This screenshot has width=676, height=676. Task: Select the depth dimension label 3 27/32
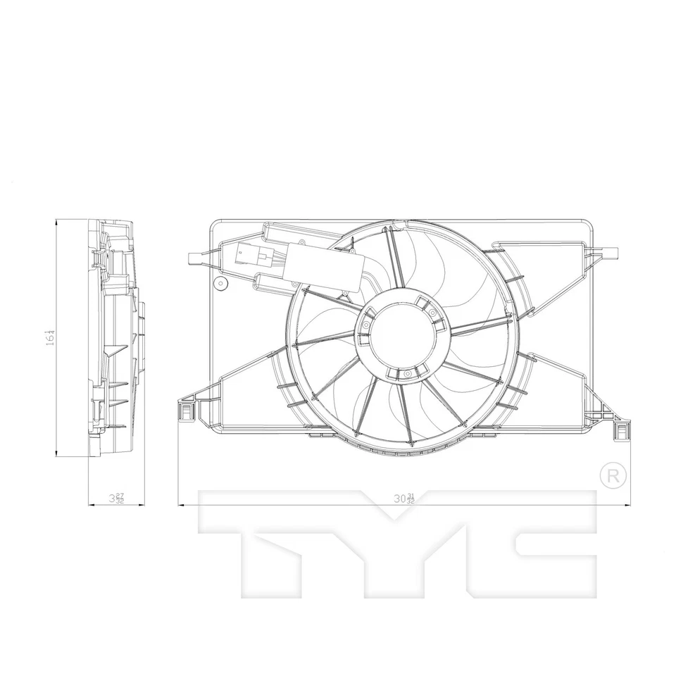116,499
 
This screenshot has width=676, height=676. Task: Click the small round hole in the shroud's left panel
220,284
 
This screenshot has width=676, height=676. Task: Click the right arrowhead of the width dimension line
629,504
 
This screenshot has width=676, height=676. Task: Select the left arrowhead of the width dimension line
180,504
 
